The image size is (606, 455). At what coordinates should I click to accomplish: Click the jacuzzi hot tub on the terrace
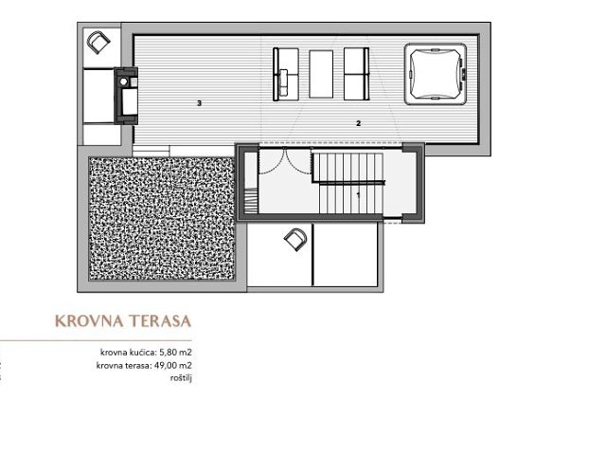pyautogui.click(x=436, y=74)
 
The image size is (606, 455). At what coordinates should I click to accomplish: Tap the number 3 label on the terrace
pyautogui.click(x=200, y=103)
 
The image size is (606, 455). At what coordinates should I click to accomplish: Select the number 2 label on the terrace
pyautogui.click(x=358, y=123)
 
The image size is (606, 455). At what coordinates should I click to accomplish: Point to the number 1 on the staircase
pyautogui.click(x=358, y=195)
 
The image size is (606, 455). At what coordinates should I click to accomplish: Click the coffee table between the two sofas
pyautogui.click(x=321, y=74)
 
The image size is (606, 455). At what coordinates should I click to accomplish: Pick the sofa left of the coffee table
pyautogui.click(x=286, y=74)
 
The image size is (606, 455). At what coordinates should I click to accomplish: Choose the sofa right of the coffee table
pyautogui.click(x=356, y=74)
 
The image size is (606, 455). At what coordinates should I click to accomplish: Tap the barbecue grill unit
pyautogui.click(x=126, y=96)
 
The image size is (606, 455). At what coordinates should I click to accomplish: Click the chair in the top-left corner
pyautogui.click(x=98, y=42)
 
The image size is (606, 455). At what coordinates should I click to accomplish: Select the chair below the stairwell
pyautogui.click(x=295, y=240)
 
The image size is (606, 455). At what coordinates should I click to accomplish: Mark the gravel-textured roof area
pyautogui.click(x=162, y=218)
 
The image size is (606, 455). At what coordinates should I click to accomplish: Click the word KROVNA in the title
pyautogui.click(x=89, y=321)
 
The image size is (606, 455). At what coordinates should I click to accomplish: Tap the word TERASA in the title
pyautogui.click(x=160, y=321)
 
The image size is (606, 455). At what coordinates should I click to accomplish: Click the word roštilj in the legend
pyautogui.click(x=181, y=378)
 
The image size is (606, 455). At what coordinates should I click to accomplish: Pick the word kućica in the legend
pyautogui.click(x=143, y=353)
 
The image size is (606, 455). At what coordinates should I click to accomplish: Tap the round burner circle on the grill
pyautogui.click(x=124, y=82)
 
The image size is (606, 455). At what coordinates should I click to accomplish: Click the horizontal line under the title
pyautogui.click(x=96, y=341)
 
